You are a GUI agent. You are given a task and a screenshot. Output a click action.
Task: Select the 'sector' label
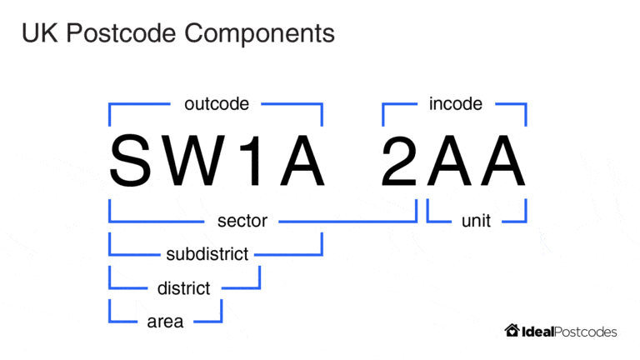click(x=242, y=221)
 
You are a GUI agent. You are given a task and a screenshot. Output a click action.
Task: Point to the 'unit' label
click(x=476, y=221)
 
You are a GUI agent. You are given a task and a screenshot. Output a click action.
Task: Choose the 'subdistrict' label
click(x=207, y=254)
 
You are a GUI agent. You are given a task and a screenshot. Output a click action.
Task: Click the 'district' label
click(x=183, y=288)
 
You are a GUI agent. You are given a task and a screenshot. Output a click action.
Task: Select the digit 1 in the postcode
click(x=256, y=160)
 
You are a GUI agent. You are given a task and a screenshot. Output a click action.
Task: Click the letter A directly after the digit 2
click(x=449, y=160)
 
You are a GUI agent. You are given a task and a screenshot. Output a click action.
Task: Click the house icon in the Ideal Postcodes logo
click(x=512, y=331)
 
